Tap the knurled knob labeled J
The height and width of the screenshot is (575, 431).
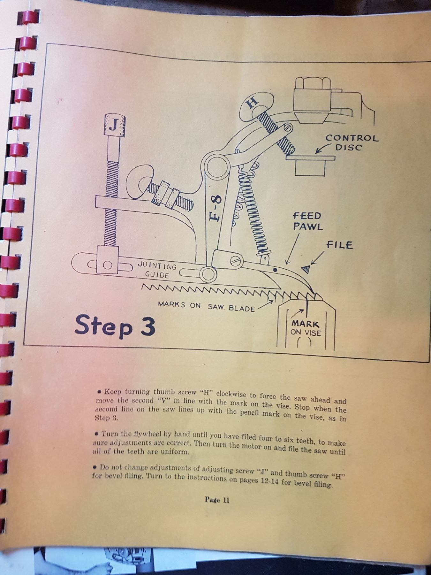113,126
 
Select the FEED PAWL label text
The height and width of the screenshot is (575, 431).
307,221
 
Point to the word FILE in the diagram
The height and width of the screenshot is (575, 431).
339,245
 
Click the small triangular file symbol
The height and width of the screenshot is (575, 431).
306,269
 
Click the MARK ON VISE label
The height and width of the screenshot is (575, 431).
306,328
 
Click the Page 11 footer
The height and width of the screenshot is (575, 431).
217,500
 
